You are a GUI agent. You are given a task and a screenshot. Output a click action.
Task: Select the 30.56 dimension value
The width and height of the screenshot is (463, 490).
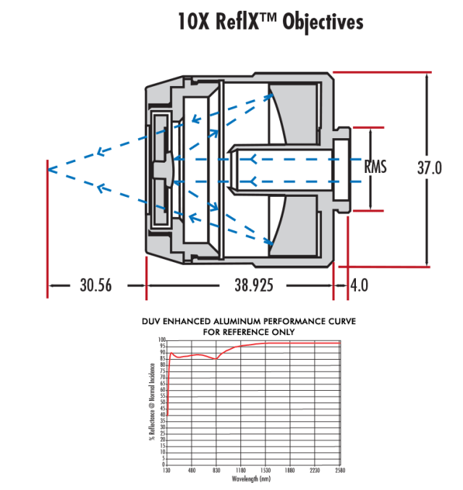(x=95, y=285)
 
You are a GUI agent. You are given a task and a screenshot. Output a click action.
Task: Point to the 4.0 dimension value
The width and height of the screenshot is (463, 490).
(x=359, y=285)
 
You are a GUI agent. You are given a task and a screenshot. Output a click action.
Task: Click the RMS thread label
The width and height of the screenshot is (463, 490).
(x=375, y=168)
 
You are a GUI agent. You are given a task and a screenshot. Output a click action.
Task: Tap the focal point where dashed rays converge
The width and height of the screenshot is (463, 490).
(x=48, y=169)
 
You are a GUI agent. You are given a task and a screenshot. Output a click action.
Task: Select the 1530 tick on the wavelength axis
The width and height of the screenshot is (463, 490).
(x=266, y=470)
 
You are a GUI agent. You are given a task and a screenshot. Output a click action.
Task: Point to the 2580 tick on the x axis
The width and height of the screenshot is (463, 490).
(x=340, y=470)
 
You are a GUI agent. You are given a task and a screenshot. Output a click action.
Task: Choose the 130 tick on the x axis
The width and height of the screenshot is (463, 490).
(x=167, y=470)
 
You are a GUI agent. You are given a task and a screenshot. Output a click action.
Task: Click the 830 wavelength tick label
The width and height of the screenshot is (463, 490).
(x=216, y=470)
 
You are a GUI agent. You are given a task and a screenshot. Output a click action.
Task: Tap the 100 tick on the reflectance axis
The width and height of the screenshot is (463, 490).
(x=162, y=339)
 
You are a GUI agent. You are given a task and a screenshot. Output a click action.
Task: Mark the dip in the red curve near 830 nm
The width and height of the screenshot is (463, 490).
(x=216, y=358)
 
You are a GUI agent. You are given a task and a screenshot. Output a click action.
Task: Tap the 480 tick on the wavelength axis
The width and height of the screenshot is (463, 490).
(x=192, y=470)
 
